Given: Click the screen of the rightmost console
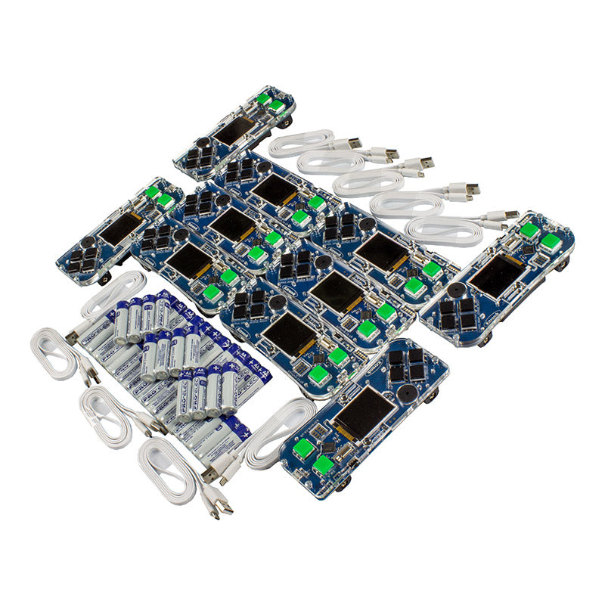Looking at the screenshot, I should click(x=495, y=275).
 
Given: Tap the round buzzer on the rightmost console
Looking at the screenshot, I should click(x=457, y=290).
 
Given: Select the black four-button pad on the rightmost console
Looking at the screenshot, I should click(x=458, y=313).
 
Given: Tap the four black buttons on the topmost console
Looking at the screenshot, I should click(x=199, y=157).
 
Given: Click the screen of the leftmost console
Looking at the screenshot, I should click(x=120, y=228).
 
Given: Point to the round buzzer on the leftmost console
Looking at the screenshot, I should click(x=89, y=243).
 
